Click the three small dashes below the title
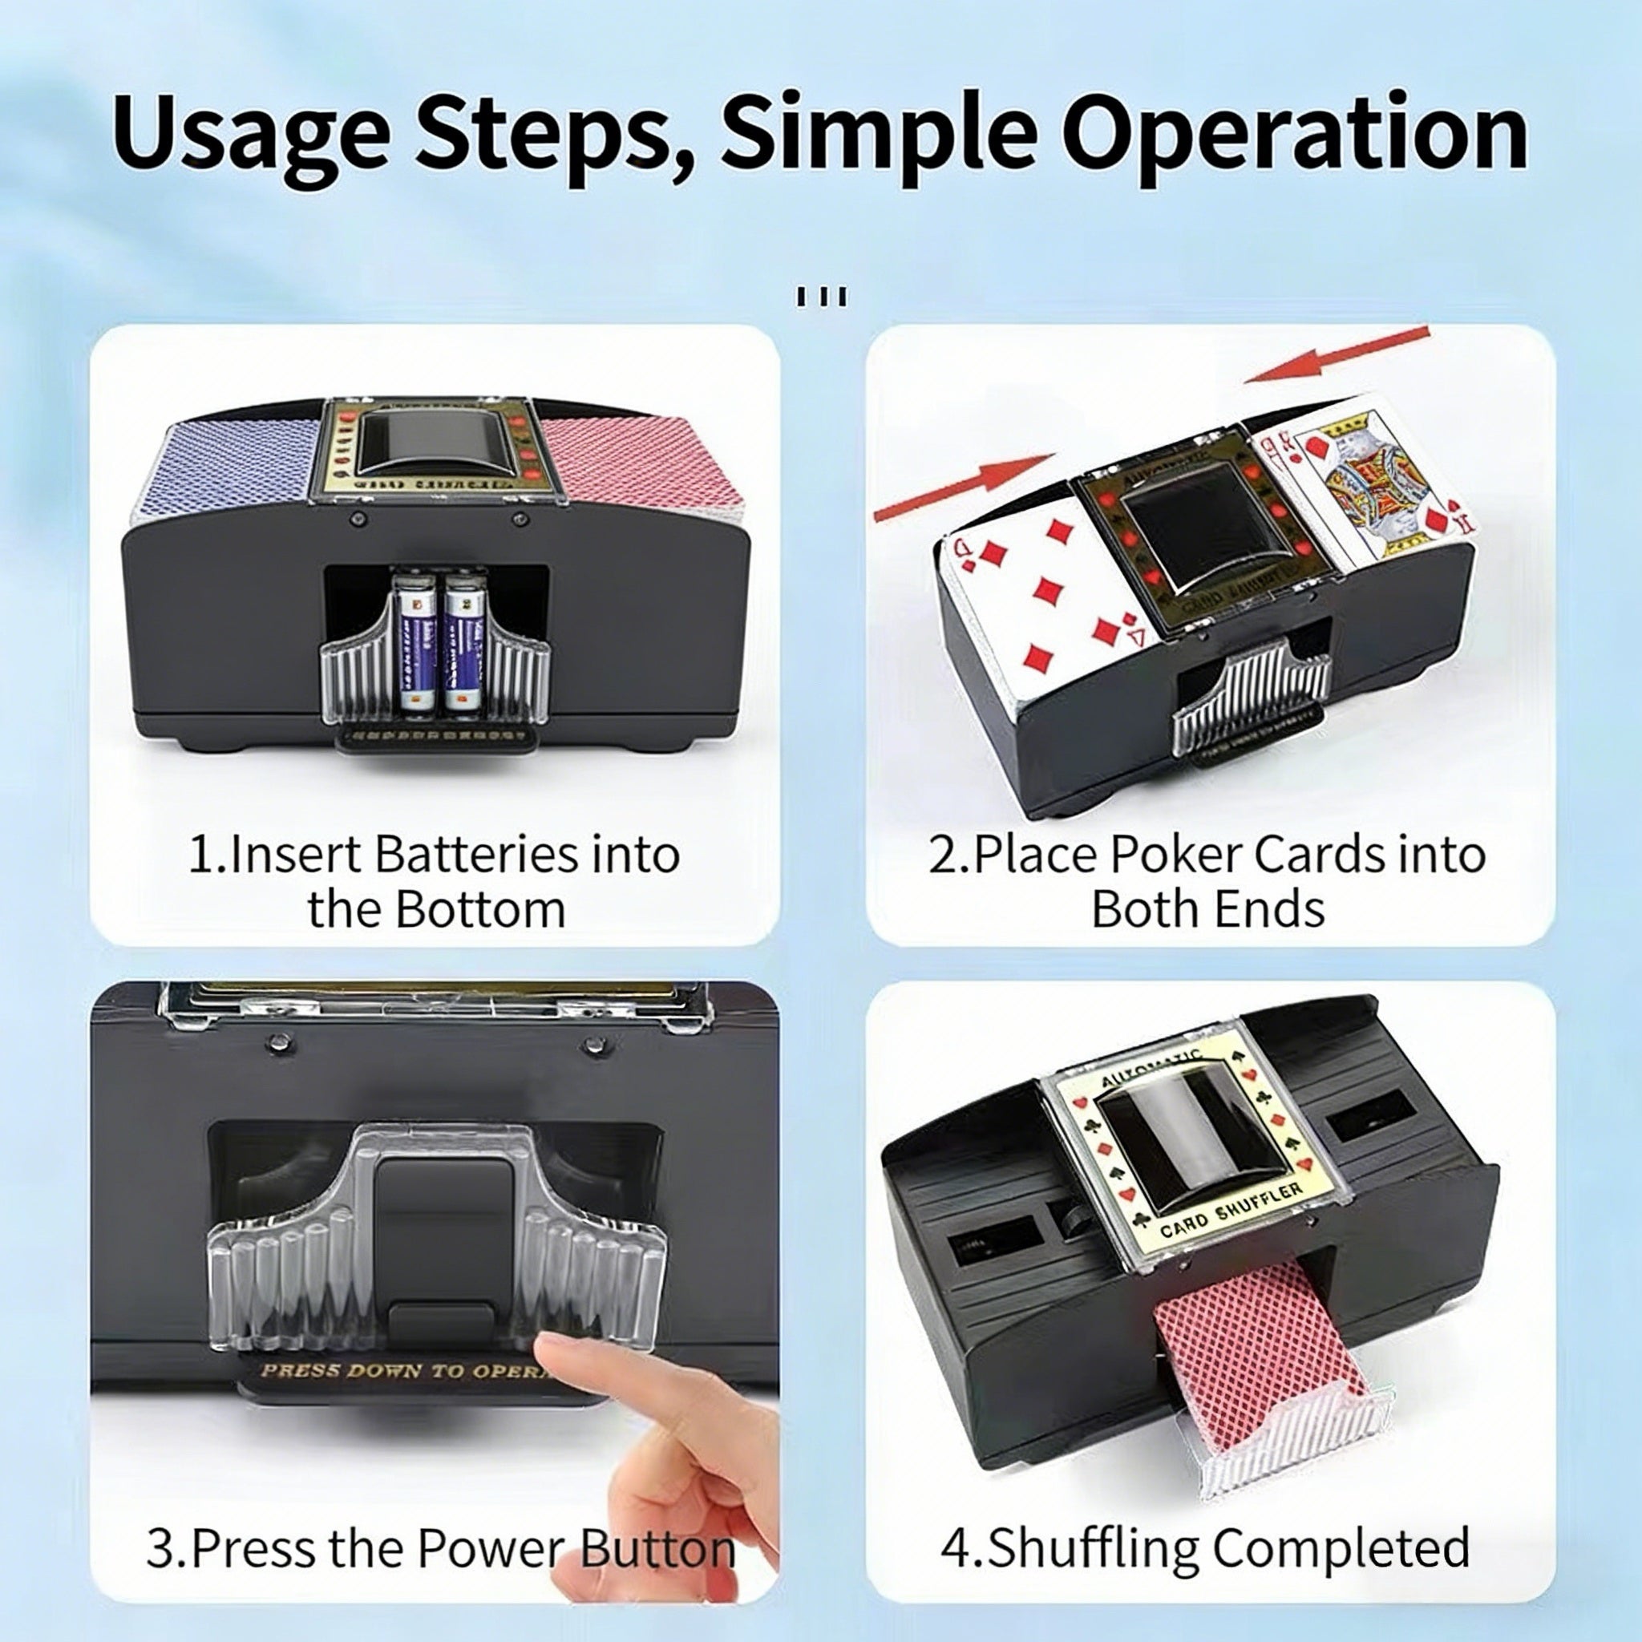click(821, 297)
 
